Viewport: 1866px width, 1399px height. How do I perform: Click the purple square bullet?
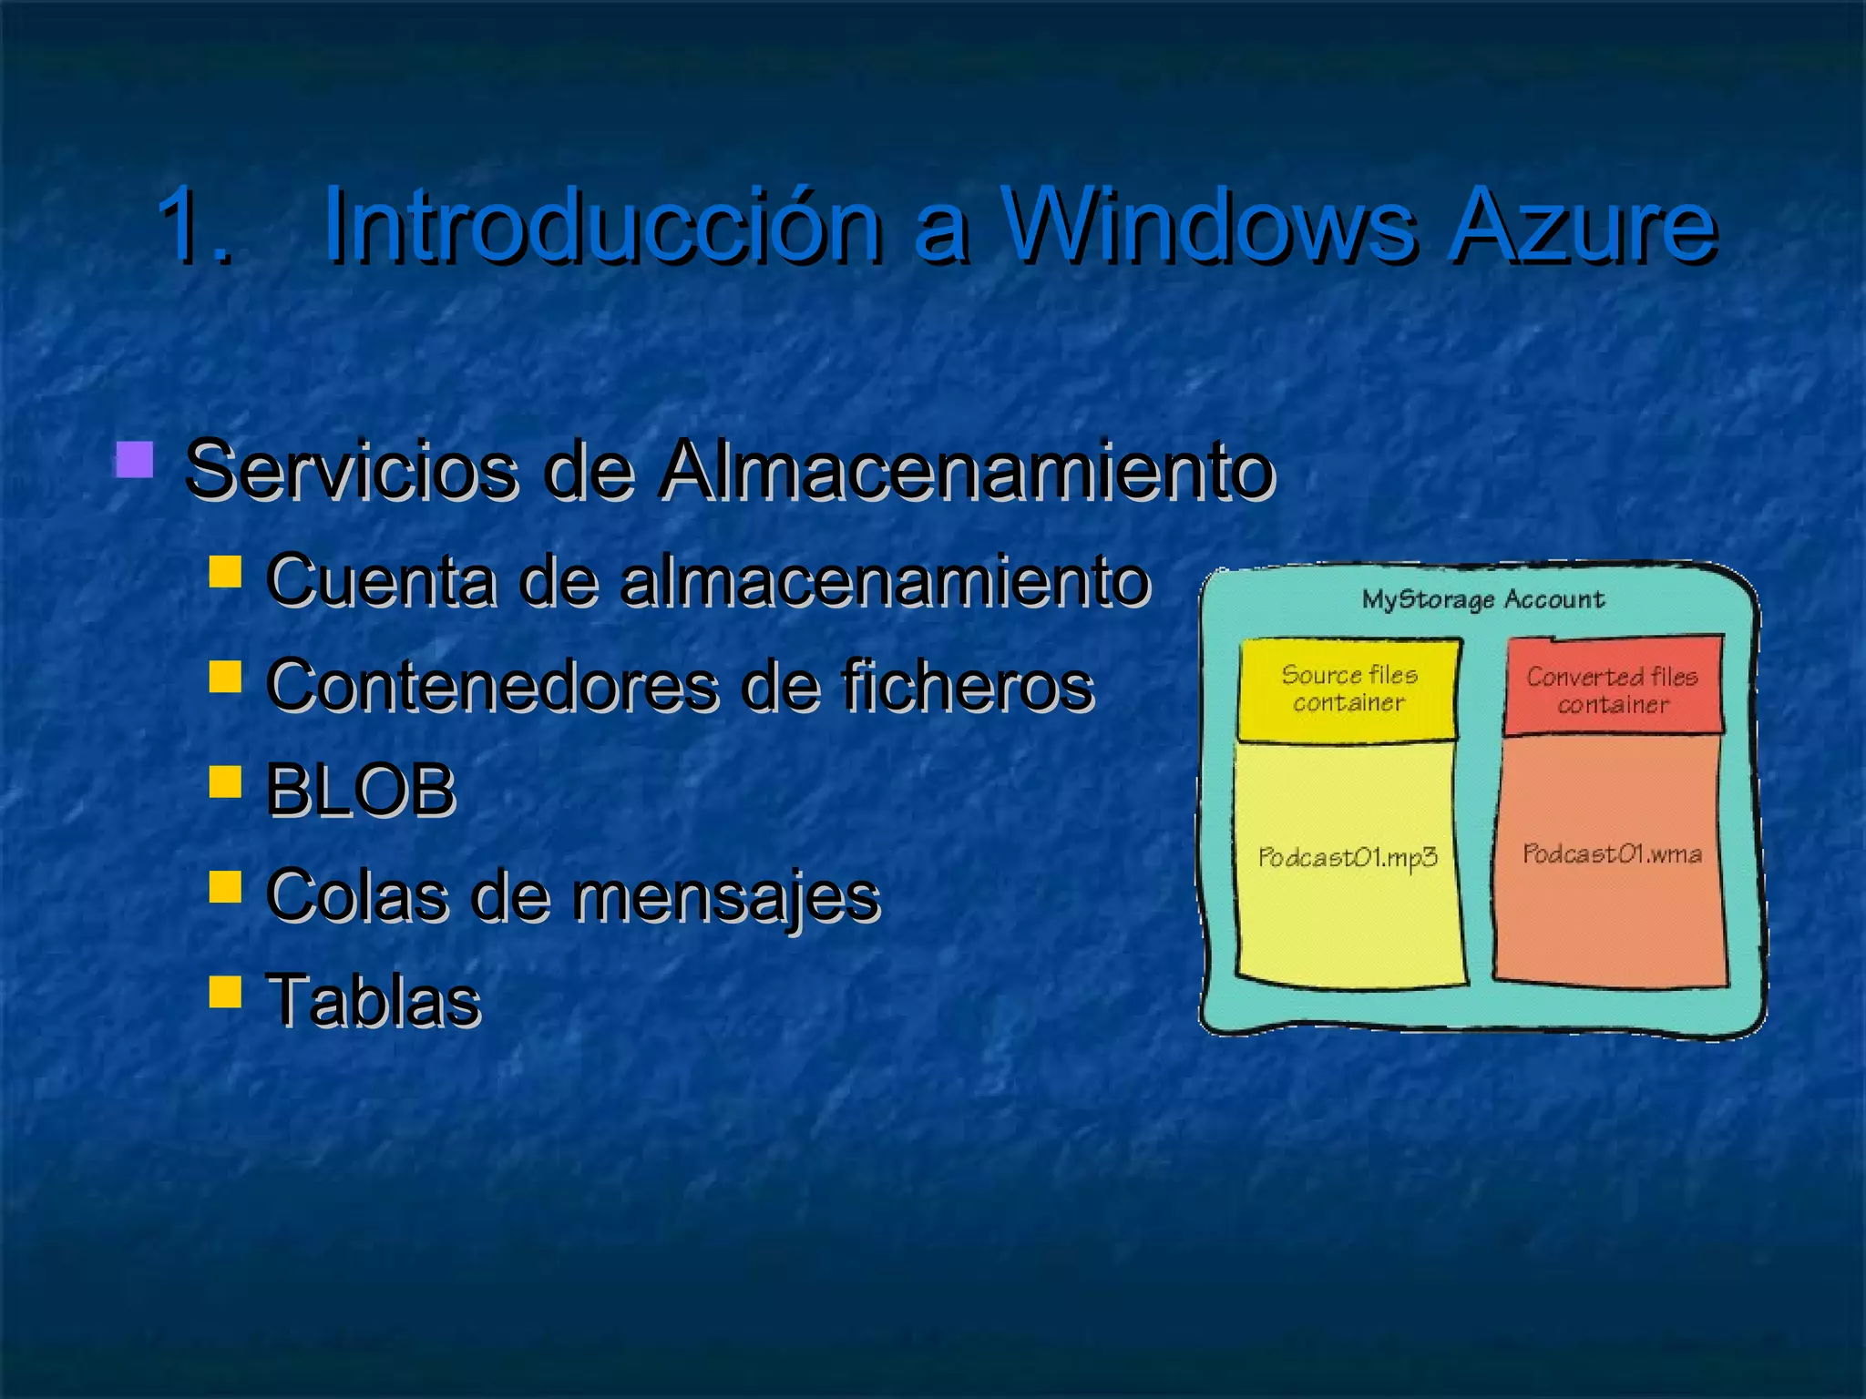click(134, 460)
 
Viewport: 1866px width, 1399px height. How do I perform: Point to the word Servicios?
click(352, 470)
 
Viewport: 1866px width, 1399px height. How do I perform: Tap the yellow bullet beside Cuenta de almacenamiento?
click(225, 572)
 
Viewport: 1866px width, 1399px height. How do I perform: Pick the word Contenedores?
click(492, 685)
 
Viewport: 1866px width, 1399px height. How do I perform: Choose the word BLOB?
click(361, 790)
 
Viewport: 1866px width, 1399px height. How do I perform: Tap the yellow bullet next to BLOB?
click(225, 781)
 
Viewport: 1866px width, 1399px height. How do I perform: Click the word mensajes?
click(725, 895)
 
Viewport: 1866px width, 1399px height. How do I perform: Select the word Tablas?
click(373, 1000)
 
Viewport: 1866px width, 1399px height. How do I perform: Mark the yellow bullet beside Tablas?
click(225, 991)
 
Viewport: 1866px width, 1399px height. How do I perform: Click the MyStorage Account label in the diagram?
click(1482, 599)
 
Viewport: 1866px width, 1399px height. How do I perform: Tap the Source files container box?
click(1348, 689)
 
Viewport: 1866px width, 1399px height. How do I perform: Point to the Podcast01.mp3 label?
click(1348, 857)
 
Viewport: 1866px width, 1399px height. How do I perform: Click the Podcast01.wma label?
click(1612, 854)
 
